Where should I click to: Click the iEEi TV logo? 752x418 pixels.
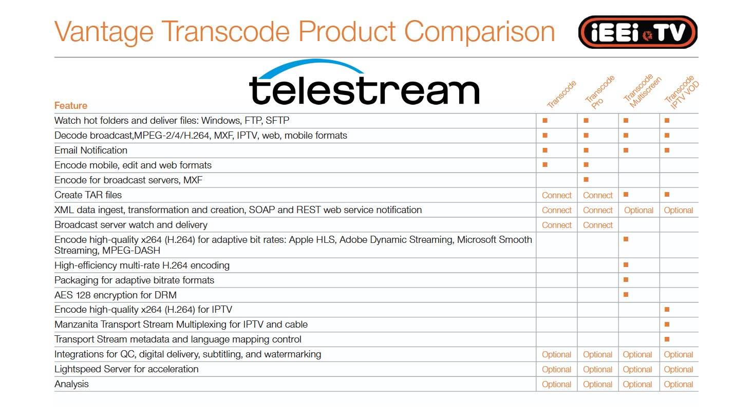tap(637, 32)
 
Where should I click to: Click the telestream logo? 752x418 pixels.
tap(364, 82)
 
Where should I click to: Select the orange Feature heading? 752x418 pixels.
tap(71, 106)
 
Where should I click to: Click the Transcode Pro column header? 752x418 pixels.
tap(599, 92)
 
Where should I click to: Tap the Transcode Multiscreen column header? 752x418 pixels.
tap(642, 91)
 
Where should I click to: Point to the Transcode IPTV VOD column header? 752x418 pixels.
tap(682, 92)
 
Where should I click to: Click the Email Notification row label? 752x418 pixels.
tap(91, 150)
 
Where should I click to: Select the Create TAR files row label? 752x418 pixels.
tap(88, 195)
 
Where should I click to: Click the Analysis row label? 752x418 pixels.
tap(71, 384)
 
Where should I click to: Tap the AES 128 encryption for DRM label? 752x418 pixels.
tap(116, 295)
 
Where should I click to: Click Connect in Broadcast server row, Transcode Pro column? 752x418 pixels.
tap(598, 225)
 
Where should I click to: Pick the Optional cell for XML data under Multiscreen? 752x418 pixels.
tap(638, 210)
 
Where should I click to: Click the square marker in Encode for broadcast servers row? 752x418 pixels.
tap(586, 180)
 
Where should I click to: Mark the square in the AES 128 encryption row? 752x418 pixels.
tap(626, 295)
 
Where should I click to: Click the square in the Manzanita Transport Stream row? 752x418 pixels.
tap(667, 325)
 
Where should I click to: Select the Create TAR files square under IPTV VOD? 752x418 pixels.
tap(667, 195)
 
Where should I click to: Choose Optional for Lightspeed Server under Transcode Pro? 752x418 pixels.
tap(597, 369)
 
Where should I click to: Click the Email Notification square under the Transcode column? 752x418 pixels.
tap(545, 150)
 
